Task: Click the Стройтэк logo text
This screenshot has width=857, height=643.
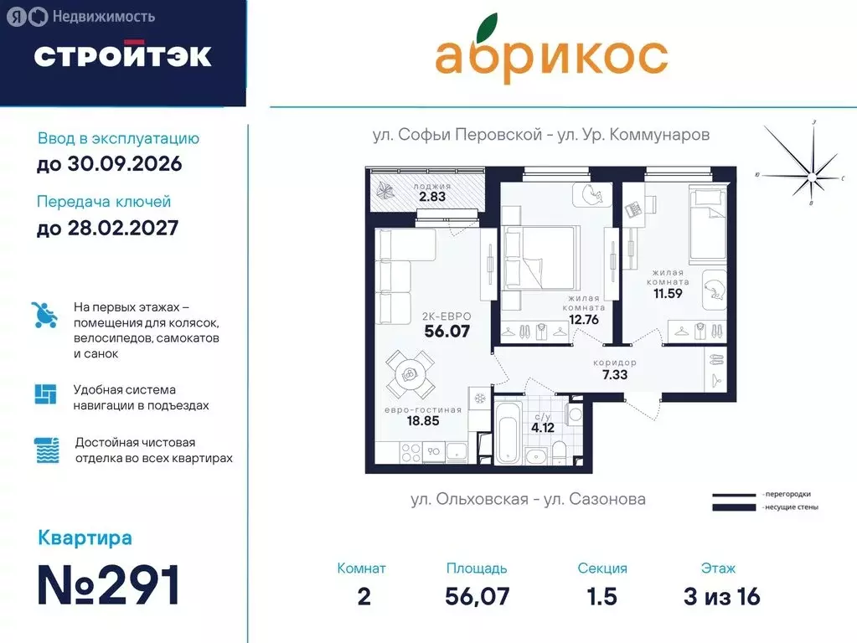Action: click(x=122, y=55)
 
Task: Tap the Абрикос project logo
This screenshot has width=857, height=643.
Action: click(x=551, y=56)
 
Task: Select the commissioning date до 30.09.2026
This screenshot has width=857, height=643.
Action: click(x=109, y=163)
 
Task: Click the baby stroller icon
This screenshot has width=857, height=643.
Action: click(x=45, y=315)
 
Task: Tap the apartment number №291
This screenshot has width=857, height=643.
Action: click(x=110, y=585)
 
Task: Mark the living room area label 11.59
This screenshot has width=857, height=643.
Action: click(x=668, y=293)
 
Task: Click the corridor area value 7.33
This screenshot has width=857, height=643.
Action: click(x=614, y=374)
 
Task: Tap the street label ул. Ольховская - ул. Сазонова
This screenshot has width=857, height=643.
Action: click(x=528, y=499)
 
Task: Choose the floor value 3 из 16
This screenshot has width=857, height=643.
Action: click(x=721, y=595)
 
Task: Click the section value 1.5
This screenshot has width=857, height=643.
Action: click(x=601, y=595)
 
